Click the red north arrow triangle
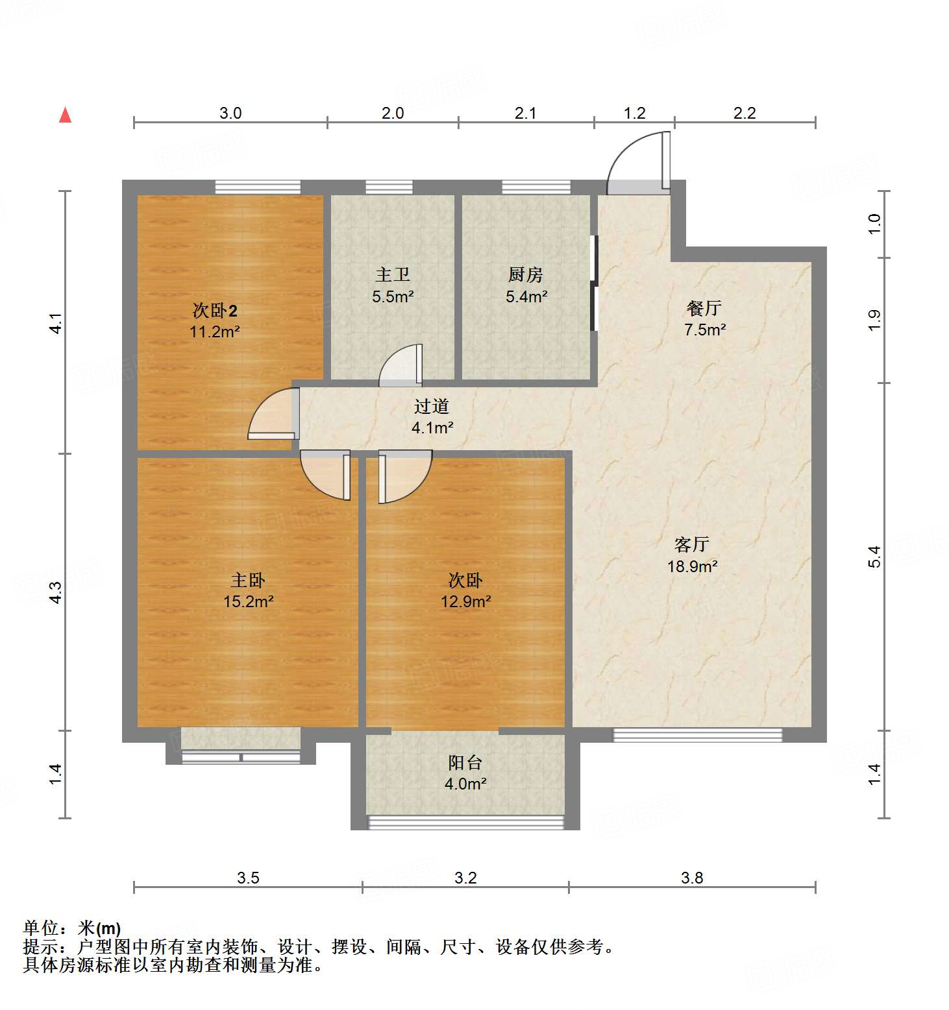click(65, 115)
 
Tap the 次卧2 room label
click(215, 310)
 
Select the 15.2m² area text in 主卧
click(248, 601)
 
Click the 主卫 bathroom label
click(393, 275)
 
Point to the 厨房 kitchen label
click(526, 275)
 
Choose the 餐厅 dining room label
click(704, 308)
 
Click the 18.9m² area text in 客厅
click(692, 566)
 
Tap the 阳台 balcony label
click(465, 763)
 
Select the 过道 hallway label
click(432, 407)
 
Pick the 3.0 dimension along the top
click(230, 113)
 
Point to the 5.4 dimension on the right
click(874, 557)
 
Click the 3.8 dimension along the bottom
click(692, 878)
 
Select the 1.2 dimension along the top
click(634, 113)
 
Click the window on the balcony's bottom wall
click(465, 823)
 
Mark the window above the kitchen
click(536, 187)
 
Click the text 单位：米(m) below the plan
click(72, 928)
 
